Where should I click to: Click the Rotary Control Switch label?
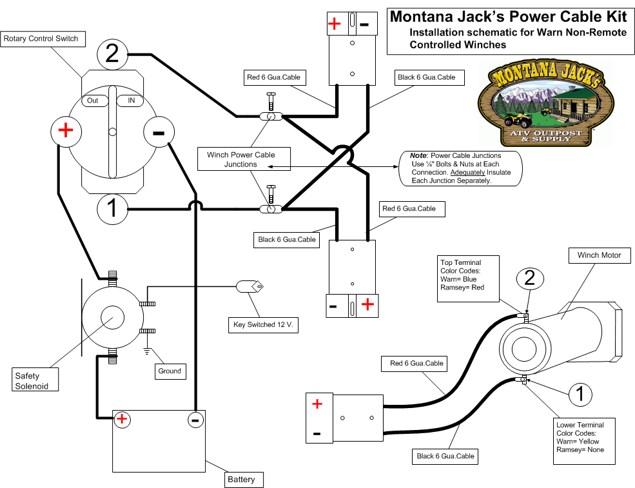(41, 39)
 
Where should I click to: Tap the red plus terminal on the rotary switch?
(66, 131)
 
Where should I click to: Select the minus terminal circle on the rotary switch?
(158, 133)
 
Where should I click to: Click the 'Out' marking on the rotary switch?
(93, 101)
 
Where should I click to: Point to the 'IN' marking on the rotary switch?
(132, 101)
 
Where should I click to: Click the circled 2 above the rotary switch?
(112, 54)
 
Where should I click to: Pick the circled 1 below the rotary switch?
(112, 209)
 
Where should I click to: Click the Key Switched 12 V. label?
(263, 326)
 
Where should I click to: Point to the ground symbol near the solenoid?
(148, 352)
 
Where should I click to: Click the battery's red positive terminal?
(122, 420)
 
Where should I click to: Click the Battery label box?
(241, 479)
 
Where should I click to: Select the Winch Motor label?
(599, 255)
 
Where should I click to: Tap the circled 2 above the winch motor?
(530, 278)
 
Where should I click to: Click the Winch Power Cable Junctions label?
(240, 159)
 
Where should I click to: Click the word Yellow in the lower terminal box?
(587, 442)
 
